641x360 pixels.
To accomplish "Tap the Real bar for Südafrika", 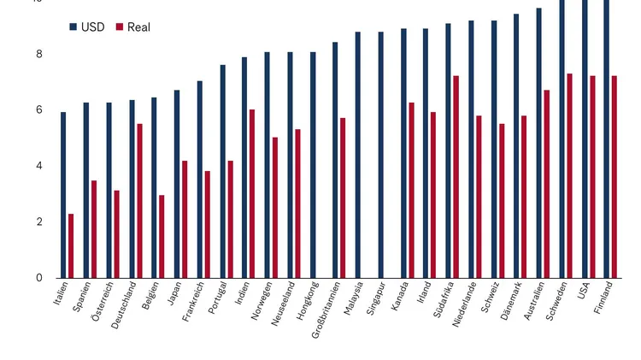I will tap(456, 176).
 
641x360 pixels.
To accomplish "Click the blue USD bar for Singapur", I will tap(380, 155).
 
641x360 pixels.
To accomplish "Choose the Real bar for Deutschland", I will tap(139, 201).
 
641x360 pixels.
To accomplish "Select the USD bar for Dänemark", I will tap(516, 145).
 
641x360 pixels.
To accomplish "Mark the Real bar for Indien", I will tap(252, 193).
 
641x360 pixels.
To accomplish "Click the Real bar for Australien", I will tap(547, 184).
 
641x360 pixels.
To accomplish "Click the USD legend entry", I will tap(87, 27).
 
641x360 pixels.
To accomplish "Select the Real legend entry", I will tap(132, 27).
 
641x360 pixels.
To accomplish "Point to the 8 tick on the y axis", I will tap(39, 54).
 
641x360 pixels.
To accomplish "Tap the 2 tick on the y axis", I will tap(39, 221).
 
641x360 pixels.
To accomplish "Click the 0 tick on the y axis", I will tap(39, 278).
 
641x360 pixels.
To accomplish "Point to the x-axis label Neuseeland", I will tap(283, 302).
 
